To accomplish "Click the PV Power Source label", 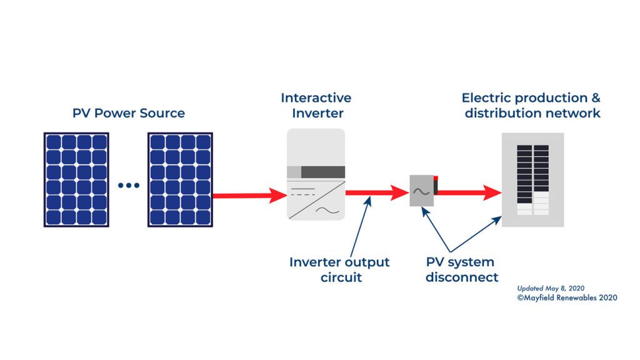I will point(128,113).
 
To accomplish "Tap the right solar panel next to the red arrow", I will point(180,179).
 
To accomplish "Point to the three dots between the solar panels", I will point(128,185).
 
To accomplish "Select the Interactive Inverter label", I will point(316,106).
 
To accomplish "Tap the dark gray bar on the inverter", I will point(323,172).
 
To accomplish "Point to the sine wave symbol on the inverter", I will point(327,210).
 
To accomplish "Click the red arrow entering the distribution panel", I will point(469,193).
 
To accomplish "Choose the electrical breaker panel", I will point(532,180).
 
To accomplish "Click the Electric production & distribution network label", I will point(532,106).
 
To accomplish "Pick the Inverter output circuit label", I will point(339,269).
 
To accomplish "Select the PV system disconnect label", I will point(461,269).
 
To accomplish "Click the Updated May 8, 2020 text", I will point(551,288).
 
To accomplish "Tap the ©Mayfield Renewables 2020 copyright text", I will point(567,298).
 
